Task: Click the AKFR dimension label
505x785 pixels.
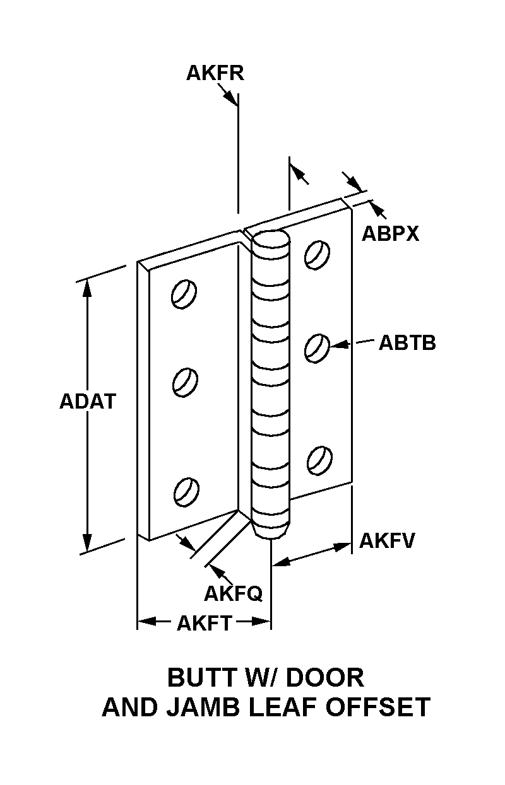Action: (215, 74)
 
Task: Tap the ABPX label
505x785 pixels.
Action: (390, 233)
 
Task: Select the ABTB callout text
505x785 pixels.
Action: (407, 343)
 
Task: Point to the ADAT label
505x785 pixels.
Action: (87, 401)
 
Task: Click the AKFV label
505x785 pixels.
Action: (387, 540)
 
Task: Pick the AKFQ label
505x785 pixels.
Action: (233, 594)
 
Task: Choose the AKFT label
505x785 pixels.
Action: (205, 624)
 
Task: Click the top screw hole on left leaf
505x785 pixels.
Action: (184, 294)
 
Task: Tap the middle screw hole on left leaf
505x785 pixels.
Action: (185, 382)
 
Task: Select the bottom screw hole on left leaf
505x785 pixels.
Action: (186, 492)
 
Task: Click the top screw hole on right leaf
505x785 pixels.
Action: (317, 255)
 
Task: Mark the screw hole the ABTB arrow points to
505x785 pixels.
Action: (317, 348)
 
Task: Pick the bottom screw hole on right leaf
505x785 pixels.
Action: (319, 460)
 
